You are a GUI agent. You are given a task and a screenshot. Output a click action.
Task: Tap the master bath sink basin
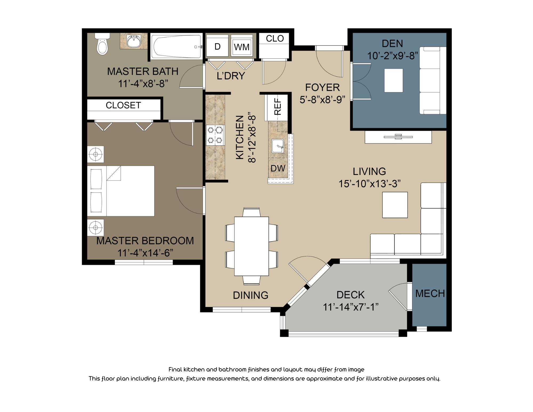point(134,41)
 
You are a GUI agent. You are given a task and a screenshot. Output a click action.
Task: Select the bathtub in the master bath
point(176,47)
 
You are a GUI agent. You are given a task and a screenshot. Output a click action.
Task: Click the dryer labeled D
point(217,46)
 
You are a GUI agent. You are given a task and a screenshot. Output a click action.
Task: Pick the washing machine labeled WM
point(241,47)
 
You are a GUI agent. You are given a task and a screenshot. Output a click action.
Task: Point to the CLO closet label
point(275,38)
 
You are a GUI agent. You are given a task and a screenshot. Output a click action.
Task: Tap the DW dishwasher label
point(278,168)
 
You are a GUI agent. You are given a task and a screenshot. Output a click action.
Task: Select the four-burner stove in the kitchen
point(215,135)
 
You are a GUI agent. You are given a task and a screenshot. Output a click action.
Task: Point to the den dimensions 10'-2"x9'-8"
point(392,56)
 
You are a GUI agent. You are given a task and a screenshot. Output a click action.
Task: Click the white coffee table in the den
point(393,80)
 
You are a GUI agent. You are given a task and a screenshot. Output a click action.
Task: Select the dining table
point(251,246)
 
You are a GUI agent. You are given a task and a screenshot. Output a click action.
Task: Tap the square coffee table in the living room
point(395,205)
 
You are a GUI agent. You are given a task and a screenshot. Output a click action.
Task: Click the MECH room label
point(430,293)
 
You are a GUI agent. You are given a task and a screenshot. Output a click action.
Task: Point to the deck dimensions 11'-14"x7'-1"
point(350,307)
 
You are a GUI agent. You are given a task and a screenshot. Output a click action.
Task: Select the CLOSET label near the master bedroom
point(123,105)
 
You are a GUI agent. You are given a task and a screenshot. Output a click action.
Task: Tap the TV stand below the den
point(398,137)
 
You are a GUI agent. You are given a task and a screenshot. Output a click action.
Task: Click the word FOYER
point(322,87)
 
